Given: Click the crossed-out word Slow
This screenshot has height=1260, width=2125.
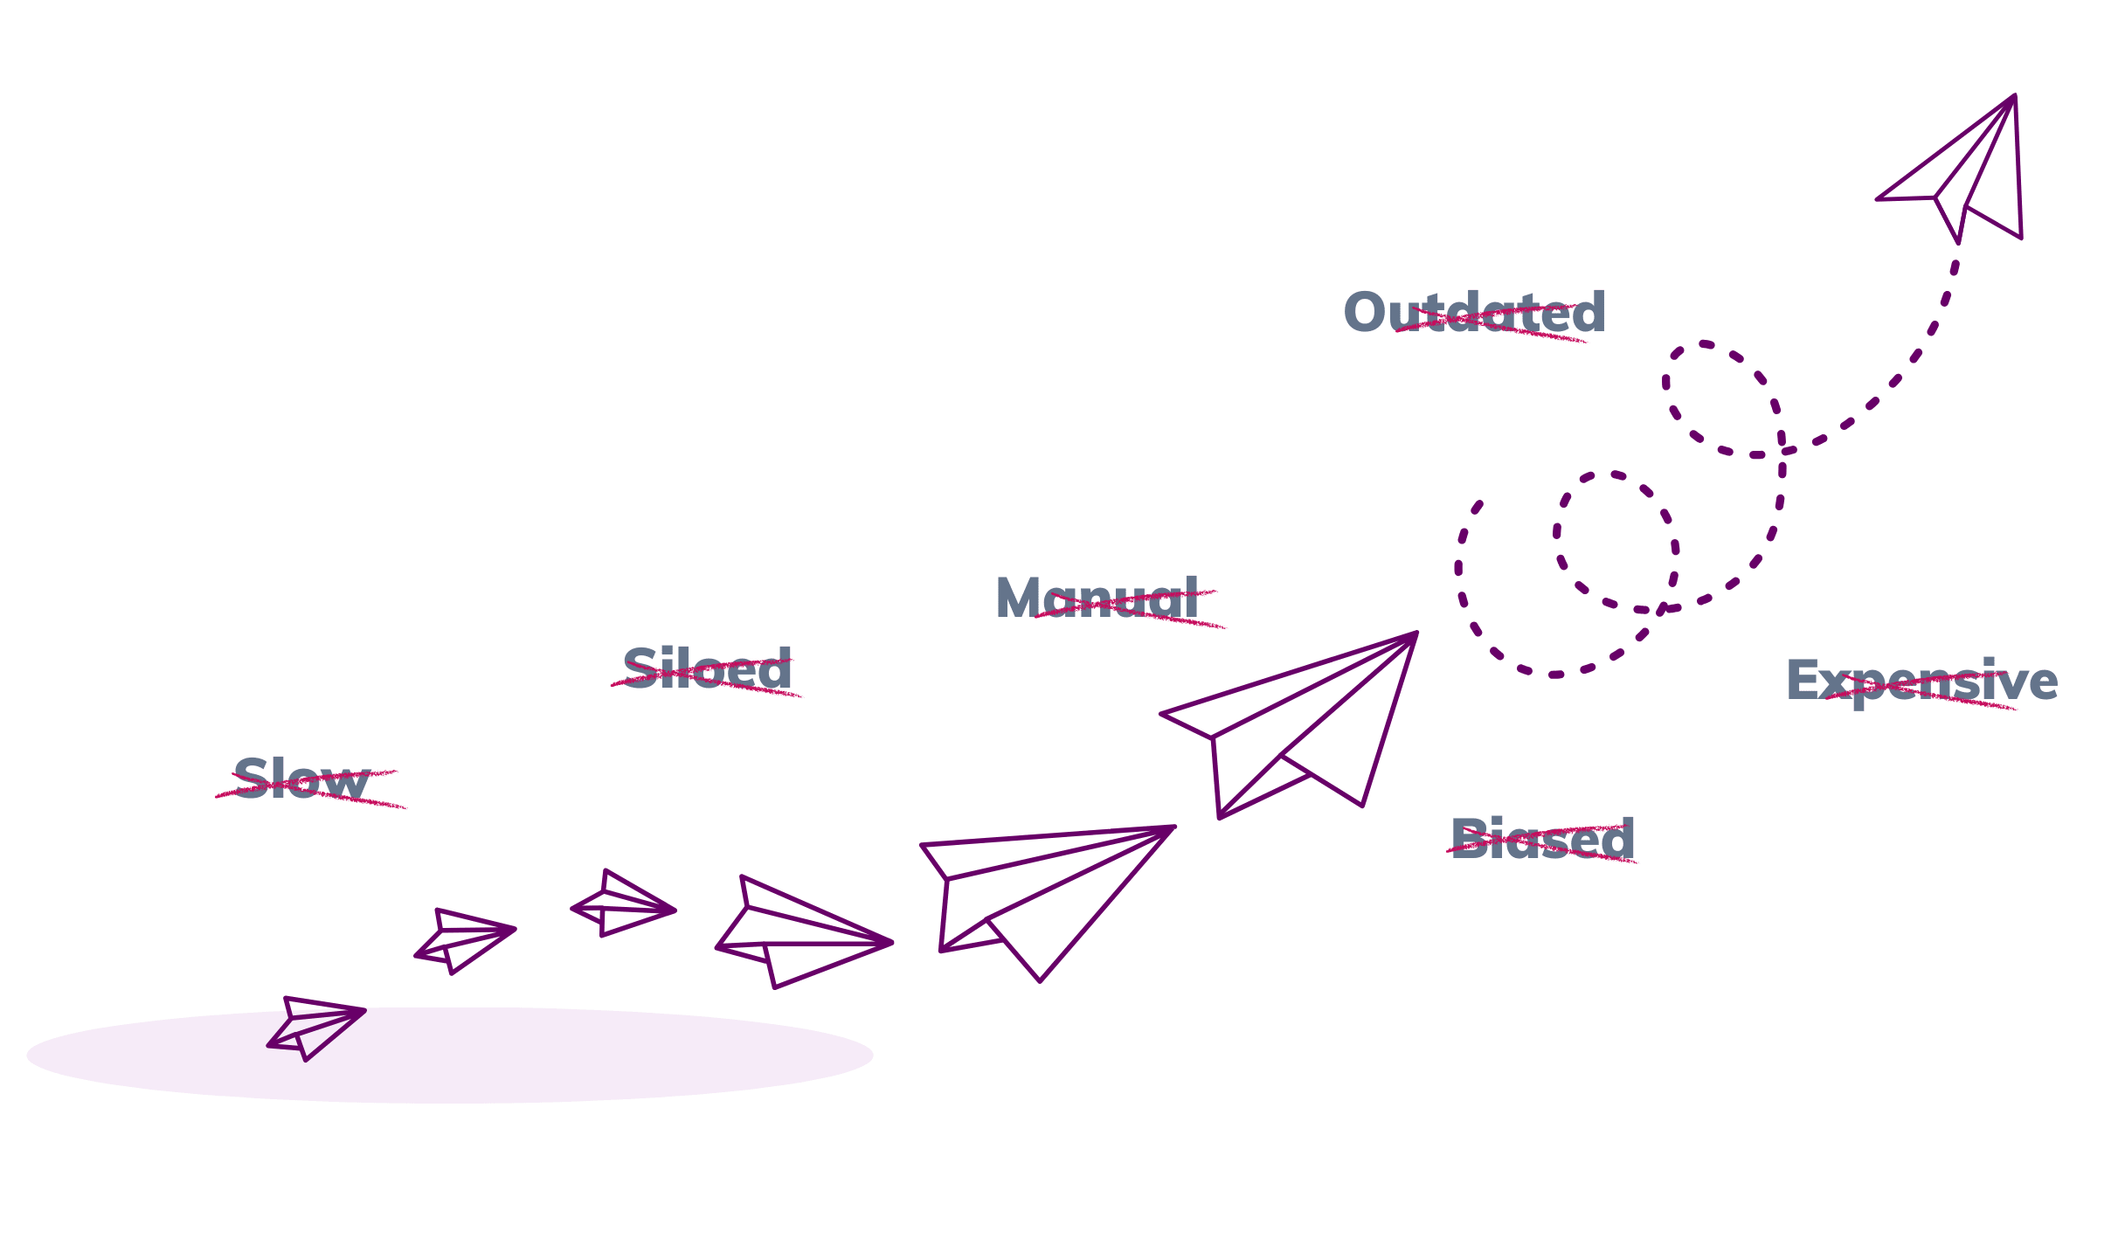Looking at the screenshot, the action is click(301, 779).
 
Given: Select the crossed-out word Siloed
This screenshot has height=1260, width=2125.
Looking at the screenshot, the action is click(707, 670).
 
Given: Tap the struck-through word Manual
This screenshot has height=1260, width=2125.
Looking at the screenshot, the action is click(1097, 599).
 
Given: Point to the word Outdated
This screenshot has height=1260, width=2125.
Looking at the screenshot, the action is click(1475, 313).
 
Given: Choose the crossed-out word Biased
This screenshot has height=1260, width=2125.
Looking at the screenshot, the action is click(1542, 840).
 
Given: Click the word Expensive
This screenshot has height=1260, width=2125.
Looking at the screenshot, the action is click(1922, 682).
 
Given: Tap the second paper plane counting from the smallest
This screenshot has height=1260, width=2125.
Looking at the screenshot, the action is click(463, 940).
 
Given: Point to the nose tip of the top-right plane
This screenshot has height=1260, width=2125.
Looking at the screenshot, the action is click(2014, 96).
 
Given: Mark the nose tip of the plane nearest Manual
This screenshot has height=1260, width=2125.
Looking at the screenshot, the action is click(1416, 633).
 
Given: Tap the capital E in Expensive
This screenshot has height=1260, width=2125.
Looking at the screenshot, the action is click(1803, 682).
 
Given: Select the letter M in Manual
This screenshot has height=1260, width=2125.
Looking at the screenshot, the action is click(1019, 599).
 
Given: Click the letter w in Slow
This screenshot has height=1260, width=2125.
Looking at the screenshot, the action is click(348, 782).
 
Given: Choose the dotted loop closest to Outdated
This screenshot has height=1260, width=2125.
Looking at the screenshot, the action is click(1721, 398).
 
